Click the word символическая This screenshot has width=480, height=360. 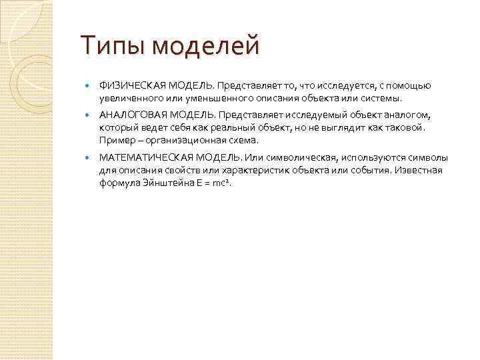pos(294,157)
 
